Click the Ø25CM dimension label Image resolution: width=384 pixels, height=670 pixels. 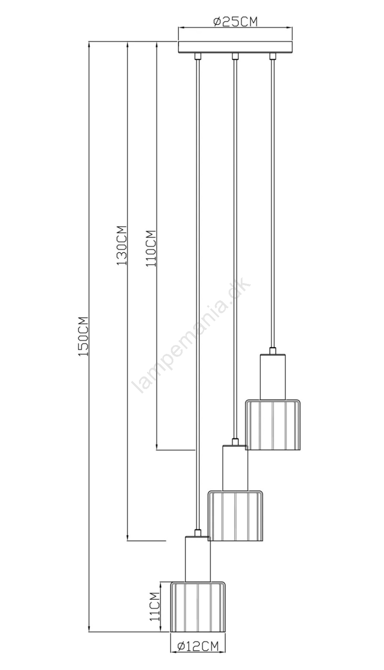coord(235,22)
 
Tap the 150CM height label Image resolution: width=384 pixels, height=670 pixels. coord(83,336)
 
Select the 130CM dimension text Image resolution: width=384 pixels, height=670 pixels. coord(122,245)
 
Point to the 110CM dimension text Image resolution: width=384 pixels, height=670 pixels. coord(151,249)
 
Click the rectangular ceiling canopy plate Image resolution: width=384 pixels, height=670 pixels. coord(235,47)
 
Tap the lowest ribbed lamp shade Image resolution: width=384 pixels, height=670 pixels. coord(198,606)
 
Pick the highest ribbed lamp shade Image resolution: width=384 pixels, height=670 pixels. coord(273,424)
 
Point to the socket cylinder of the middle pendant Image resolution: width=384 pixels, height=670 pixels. coord(235,468)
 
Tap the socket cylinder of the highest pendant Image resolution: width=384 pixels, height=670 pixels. coord(273,377)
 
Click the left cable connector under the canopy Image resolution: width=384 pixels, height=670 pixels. coord(198,57)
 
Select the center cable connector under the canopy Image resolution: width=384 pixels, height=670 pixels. coord(235,57)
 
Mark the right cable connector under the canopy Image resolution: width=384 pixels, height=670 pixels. coord(273,57)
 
